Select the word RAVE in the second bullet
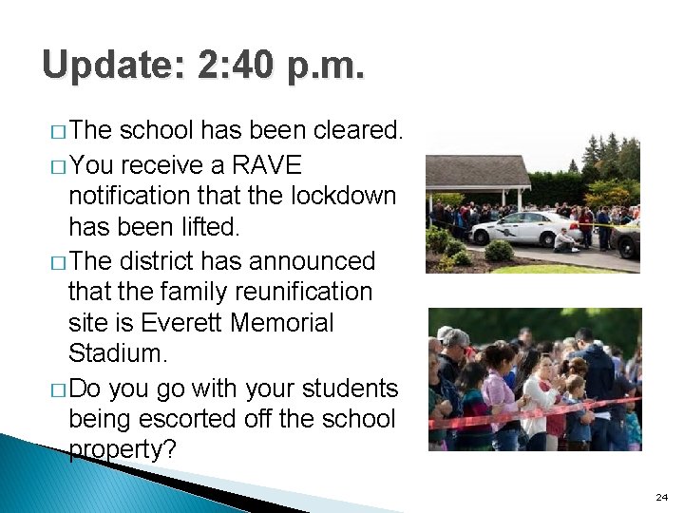[267, 165]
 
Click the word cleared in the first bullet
[354, 130]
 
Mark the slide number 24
[662, 497]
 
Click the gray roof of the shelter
[478, 171]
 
